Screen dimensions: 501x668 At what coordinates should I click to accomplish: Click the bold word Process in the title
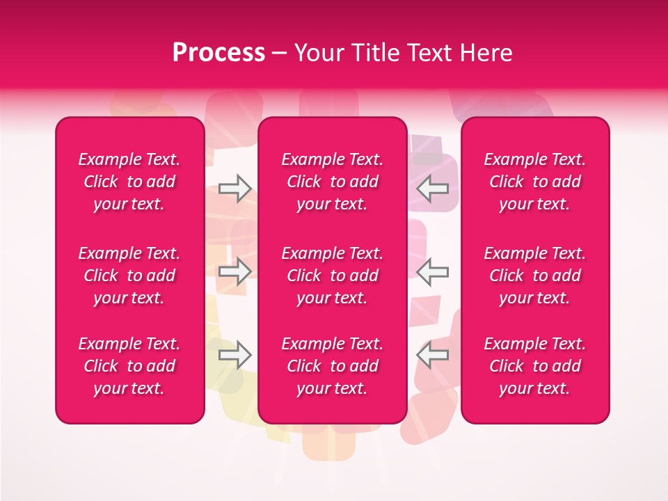[218, 53]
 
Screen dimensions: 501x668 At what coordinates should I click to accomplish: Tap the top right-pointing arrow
[234, 188]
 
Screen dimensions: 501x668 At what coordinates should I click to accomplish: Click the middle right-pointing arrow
[234, 271]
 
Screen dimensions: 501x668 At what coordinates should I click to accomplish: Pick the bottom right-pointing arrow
[234, 355]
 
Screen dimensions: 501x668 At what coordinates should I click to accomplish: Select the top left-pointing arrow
[433, 188]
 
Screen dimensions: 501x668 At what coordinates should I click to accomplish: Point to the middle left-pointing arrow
[433, 271]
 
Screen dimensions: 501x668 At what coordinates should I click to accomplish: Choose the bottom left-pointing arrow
[433, 355]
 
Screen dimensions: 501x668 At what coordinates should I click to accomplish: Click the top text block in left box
[129, 182]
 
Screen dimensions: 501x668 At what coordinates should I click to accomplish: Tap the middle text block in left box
[129, 276]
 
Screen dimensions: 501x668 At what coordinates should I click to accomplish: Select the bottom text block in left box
[129, 366]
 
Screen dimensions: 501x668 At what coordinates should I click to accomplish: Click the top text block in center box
[333, 182]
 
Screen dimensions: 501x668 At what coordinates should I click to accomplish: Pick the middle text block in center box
[333, 276]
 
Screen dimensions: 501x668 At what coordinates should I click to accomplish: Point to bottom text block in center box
[333, 366]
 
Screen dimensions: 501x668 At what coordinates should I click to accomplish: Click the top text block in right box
[535, 182]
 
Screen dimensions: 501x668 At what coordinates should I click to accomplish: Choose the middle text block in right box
[535, 276]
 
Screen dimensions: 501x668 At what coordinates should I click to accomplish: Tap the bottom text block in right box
[535, 366]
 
